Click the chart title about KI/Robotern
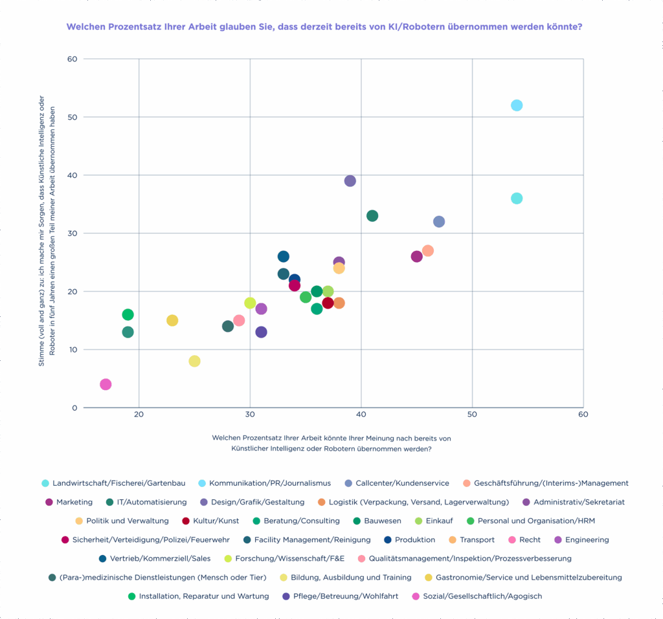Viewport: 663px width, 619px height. point(323,27)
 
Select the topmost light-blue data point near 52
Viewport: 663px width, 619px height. point(517,105)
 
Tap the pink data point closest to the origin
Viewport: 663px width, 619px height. point(106,384)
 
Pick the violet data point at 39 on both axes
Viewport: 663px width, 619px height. point(350,181)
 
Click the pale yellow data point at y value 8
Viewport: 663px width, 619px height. point(194,361)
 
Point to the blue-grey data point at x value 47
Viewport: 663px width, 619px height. point(439,222)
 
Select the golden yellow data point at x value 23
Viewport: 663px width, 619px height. point(172,321)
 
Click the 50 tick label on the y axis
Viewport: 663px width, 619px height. point(73,117)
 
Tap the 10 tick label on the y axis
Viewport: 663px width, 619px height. point(73,350)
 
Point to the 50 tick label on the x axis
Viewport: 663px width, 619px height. point(472,413)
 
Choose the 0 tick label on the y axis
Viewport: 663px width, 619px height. point(75,407)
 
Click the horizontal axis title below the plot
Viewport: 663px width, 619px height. point(331,443)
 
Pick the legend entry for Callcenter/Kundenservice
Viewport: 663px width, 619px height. point(402,483)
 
